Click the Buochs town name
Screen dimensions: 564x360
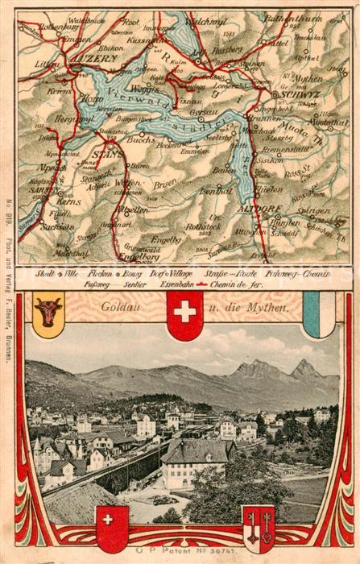139,139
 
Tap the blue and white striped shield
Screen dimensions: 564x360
317,313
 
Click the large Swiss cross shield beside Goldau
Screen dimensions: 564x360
184,314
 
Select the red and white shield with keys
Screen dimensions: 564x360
259,528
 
